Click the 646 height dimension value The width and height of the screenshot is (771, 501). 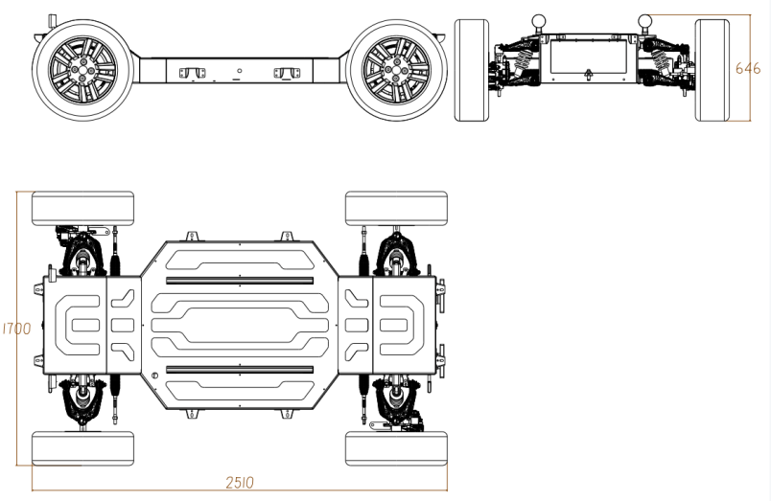coord(748,68)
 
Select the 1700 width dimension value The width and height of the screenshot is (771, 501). coord(16,329)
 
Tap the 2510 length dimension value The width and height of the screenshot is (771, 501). coord(240,483)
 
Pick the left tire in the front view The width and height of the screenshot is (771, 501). coord(471,70)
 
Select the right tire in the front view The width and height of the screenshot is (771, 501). coord(712,70)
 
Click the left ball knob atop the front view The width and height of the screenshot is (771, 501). coord(540,18)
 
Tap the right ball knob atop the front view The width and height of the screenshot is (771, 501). coord(646,18)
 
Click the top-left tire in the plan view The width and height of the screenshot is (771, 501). coord(83,208)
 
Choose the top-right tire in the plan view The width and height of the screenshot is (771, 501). coord(397,208)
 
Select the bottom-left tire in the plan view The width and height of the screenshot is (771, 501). coord(83,448)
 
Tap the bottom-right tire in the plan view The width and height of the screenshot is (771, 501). coord(397,448)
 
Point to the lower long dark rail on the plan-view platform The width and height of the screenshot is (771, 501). coord(240,369)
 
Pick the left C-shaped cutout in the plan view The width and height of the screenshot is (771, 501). coord(81,326)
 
